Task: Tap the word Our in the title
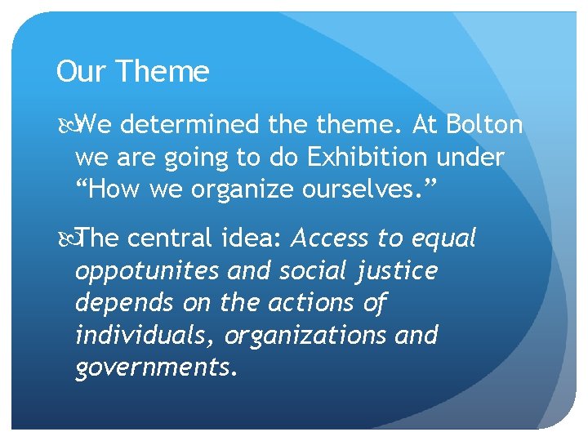pos(82,73)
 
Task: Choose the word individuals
pos(146,335)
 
